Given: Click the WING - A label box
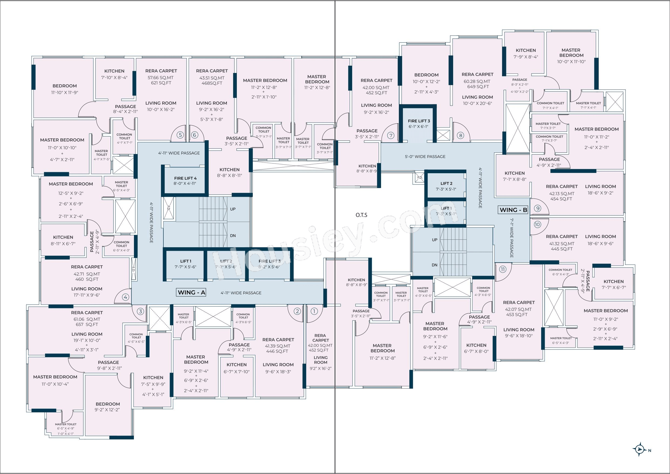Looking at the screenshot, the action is click(x=191, y=292).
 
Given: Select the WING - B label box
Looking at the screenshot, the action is click(x=513, y=210).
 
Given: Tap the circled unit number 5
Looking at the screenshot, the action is click(x=180, y=135).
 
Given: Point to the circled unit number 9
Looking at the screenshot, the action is click(x=537, y=208).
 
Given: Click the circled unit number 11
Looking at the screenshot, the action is click(x=503, y=269).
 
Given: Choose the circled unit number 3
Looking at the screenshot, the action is click(x=140, y=311).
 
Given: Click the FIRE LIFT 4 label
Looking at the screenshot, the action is click(x=185, y=178).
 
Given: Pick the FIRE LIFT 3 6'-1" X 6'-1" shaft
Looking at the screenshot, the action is click(x=419, y=124).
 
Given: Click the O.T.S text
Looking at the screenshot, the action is click(x=361, y=215).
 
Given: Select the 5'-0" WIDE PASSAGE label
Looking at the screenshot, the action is click(x=425, y=156).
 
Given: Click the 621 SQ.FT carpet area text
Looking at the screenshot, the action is click(x=161, y=83).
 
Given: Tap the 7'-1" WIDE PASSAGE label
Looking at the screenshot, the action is click(x=512, y=238).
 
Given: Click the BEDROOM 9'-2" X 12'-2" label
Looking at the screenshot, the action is click(x=108, y=407).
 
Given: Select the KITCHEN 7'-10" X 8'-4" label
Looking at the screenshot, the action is click(x=115, y=74).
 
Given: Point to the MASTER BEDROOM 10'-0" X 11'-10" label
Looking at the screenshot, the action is click(x=571, y=56).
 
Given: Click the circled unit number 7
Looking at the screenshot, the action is click(x=391, y=135).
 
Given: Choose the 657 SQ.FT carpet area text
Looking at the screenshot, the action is click(x=87, y=325).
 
